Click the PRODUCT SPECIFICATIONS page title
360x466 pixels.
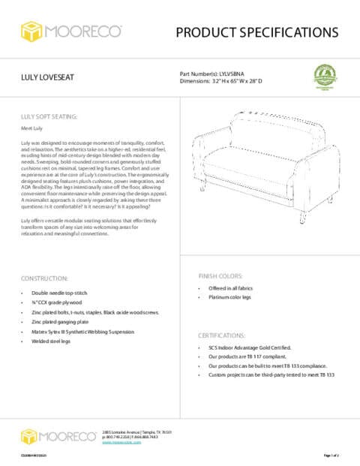click(256, 32)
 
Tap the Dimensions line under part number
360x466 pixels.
click(232, 82)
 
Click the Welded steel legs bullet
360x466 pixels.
click(51, 341)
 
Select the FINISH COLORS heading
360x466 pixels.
click(220, 276)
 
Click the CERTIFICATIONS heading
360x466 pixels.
click(223, 335)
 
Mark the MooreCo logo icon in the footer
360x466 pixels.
click(29, 436)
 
